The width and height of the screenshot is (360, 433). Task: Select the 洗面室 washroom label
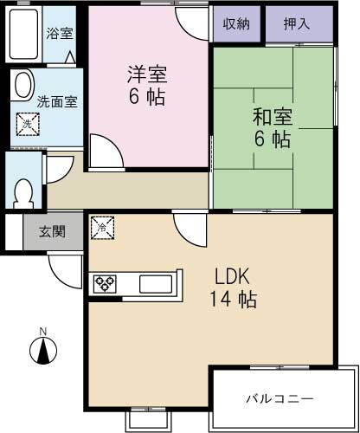tap(57, 100)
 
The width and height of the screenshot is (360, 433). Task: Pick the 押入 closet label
tap(297, 24)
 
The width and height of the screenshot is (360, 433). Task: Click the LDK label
tap(235, 279)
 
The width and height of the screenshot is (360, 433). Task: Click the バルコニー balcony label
tap(280, 398)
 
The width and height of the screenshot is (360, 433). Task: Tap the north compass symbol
tap(42, 351)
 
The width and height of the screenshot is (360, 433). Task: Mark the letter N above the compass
tap(42, 331)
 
